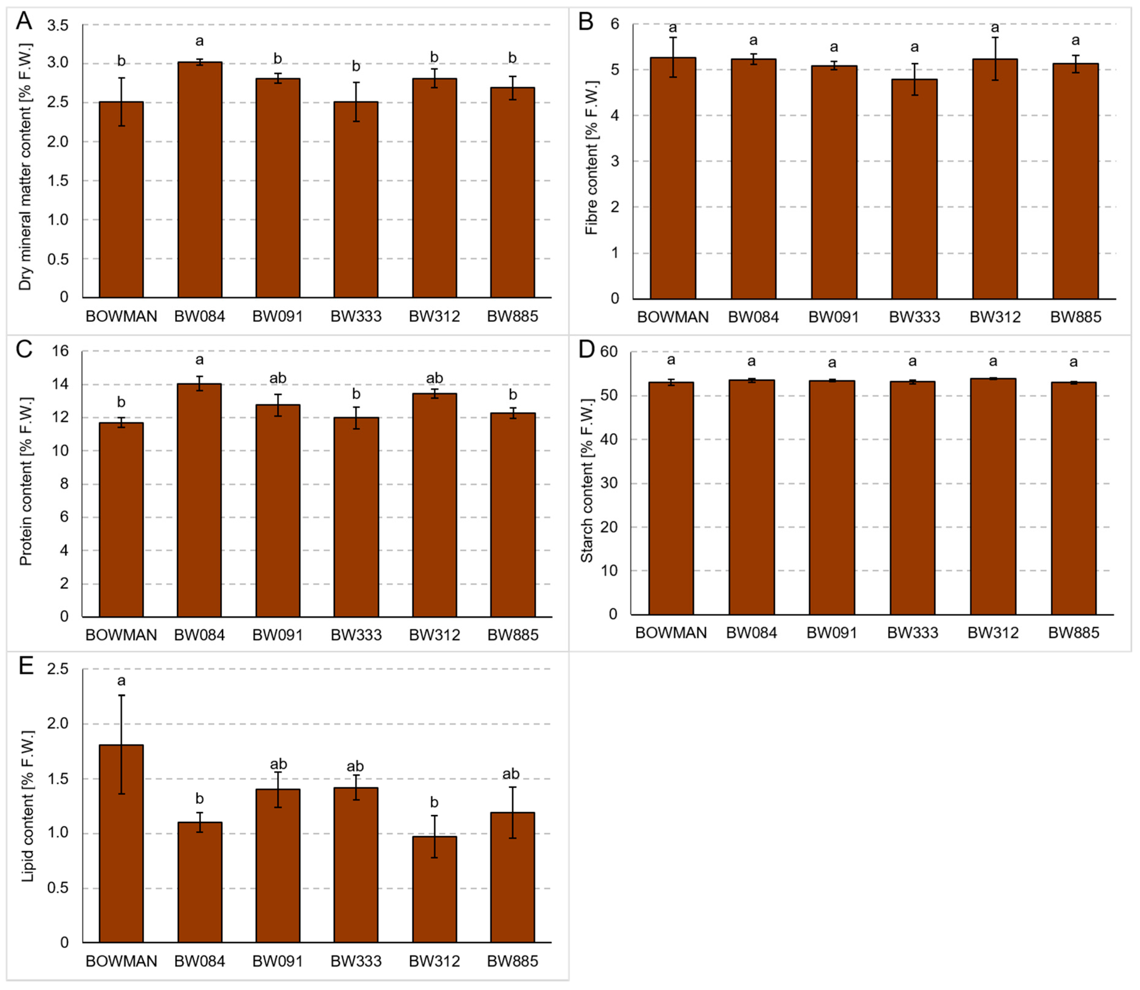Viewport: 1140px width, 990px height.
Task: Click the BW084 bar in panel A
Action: (199, 180)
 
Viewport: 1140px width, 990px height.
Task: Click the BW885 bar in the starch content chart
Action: (1073, 498)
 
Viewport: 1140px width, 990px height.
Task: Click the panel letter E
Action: (26, 666)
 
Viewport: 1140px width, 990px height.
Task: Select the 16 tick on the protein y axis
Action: (61, 351)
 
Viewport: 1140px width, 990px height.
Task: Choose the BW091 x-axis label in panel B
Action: (834, 317)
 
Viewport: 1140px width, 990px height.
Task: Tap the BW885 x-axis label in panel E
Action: (512, 961)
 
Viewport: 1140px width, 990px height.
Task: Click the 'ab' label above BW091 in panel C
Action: (278, 378)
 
